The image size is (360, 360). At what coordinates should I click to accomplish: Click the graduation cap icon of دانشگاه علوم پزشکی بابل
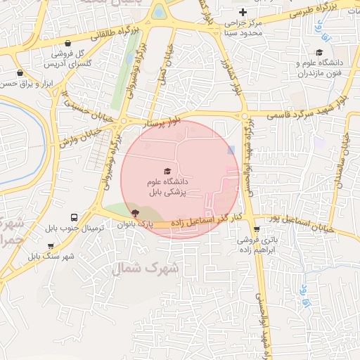(167, 171)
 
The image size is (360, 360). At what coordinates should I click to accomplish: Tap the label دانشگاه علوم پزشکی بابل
(167, 186)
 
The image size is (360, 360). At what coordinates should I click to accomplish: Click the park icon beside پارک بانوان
(136, 212)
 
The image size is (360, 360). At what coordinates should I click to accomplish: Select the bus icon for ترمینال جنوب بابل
(75, 217)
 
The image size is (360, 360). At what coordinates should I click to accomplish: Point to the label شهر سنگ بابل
(51, 256)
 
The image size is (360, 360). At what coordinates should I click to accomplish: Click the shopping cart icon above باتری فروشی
(255, 229)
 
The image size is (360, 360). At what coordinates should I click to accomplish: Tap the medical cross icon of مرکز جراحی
(243, 11)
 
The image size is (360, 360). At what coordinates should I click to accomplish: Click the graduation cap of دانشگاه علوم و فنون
(319, 52)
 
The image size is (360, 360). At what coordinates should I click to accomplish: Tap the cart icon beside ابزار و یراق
(20, 72)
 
